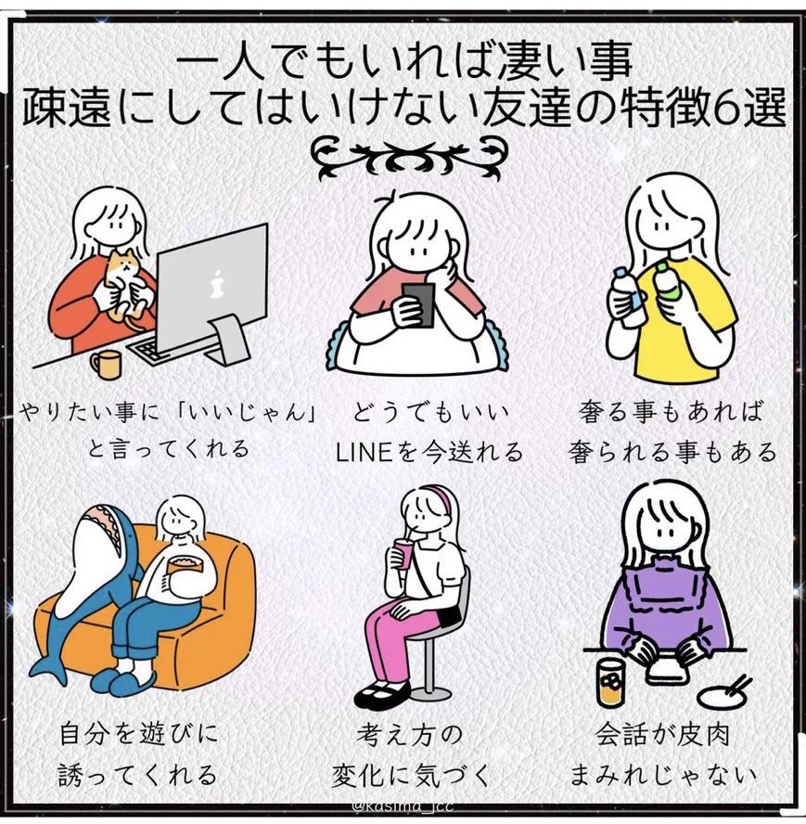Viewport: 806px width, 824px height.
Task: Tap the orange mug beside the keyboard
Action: [106, 364]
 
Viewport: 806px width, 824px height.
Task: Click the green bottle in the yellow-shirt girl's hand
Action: [664, 278]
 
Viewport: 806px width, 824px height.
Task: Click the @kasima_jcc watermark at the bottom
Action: [402, 806]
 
